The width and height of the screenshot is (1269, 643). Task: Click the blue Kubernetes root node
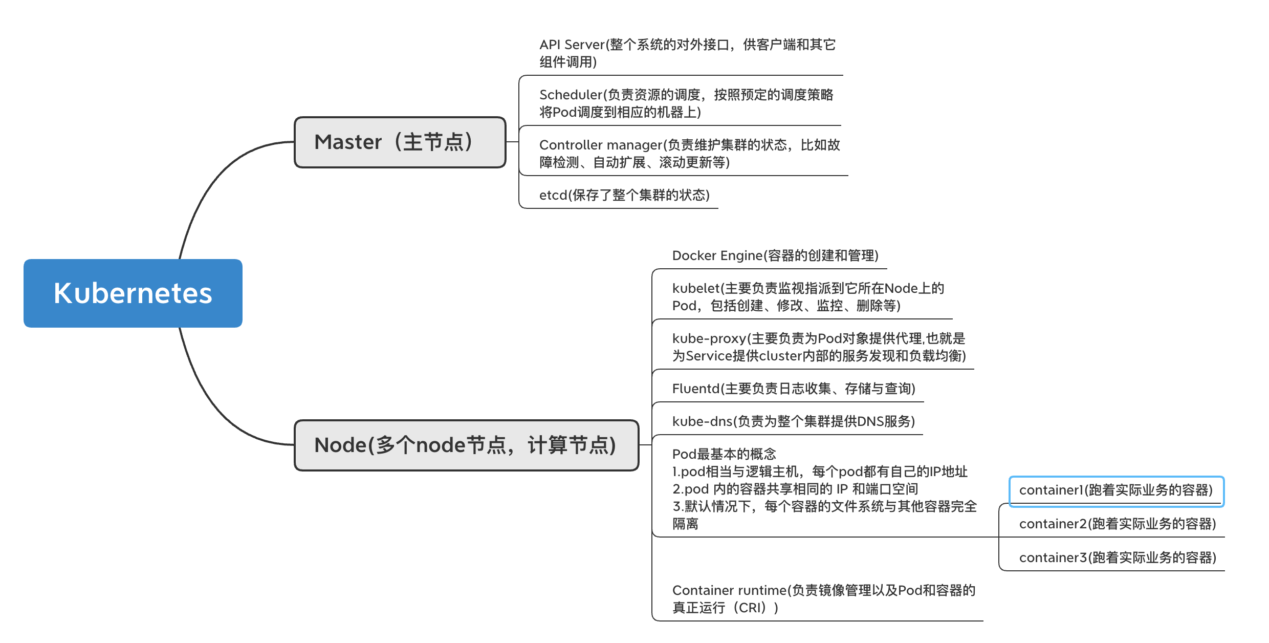click(133, 293)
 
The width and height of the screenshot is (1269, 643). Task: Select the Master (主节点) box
click(400, 142)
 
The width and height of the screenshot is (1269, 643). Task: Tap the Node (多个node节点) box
click(467, 445)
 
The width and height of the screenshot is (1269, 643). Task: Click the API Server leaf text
click(687, 53)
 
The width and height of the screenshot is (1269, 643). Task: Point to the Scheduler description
click(686, 103)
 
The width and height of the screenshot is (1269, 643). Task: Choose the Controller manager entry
click(689, 154)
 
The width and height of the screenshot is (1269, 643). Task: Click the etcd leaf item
click(624, 195)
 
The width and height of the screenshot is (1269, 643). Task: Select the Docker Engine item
click(775, 255)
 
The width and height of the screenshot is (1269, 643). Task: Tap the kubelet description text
click(808, 297)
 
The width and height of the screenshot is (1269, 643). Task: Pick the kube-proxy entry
click(819, 347)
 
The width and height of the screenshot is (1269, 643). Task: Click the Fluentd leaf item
click(794, 389)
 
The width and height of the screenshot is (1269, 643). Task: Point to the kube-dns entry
click(794, 421)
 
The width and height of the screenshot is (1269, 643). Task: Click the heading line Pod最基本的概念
click(724, 454)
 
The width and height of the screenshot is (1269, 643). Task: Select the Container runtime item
click(824, 599)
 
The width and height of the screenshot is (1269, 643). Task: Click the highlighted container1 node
click(1116, 490)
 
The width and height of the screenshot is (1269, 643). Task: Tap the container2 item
click(1118, 524)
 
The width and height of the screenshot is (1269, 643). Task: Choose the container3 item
click(1118, 558)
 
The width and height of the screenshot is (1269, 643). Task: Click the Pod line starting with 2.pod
click(795, 489)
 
